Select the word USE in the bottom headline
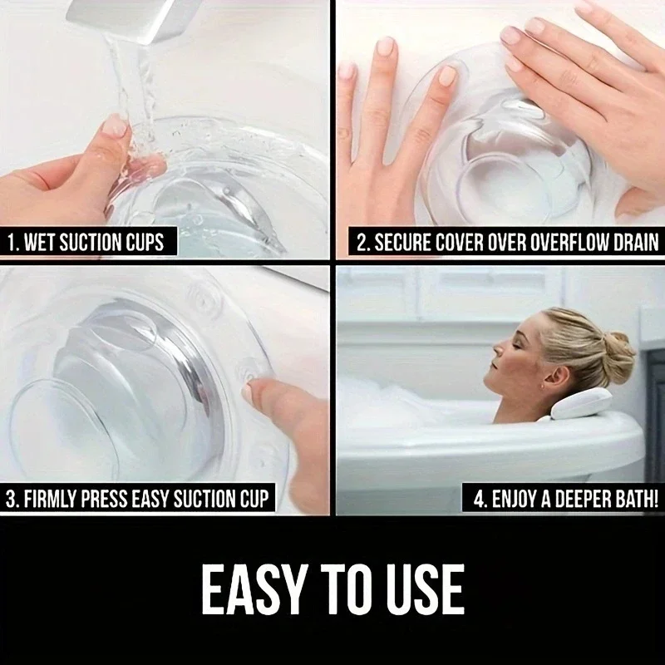[x=426, y=589]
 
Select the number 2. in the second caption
[x=362, y=242]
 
